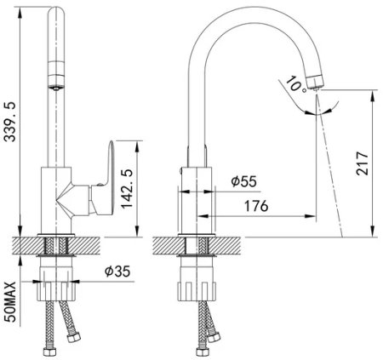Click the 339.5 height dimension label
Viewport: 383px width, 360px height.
click(x=10, y=122)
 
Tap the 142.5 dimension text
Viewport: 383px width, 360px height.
click(x=126, y=189)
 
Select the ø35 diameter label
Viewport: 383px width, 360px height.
click(x=117, y=271)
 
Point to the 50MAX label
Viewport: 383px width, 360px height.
click(x=11, y=302)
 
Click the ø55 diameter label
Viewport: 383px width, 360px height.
click(x=244, y=181)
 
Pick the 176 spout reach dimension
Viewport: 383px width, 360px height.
click(x=256, y=206)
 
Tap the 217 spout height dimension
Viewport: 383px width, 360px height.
click(x=363, y=163)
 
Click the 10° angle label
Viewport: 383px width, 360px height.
click(x=295, y=84)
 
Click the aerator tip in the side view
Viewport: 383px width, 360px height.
click(x=315, y=83)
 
